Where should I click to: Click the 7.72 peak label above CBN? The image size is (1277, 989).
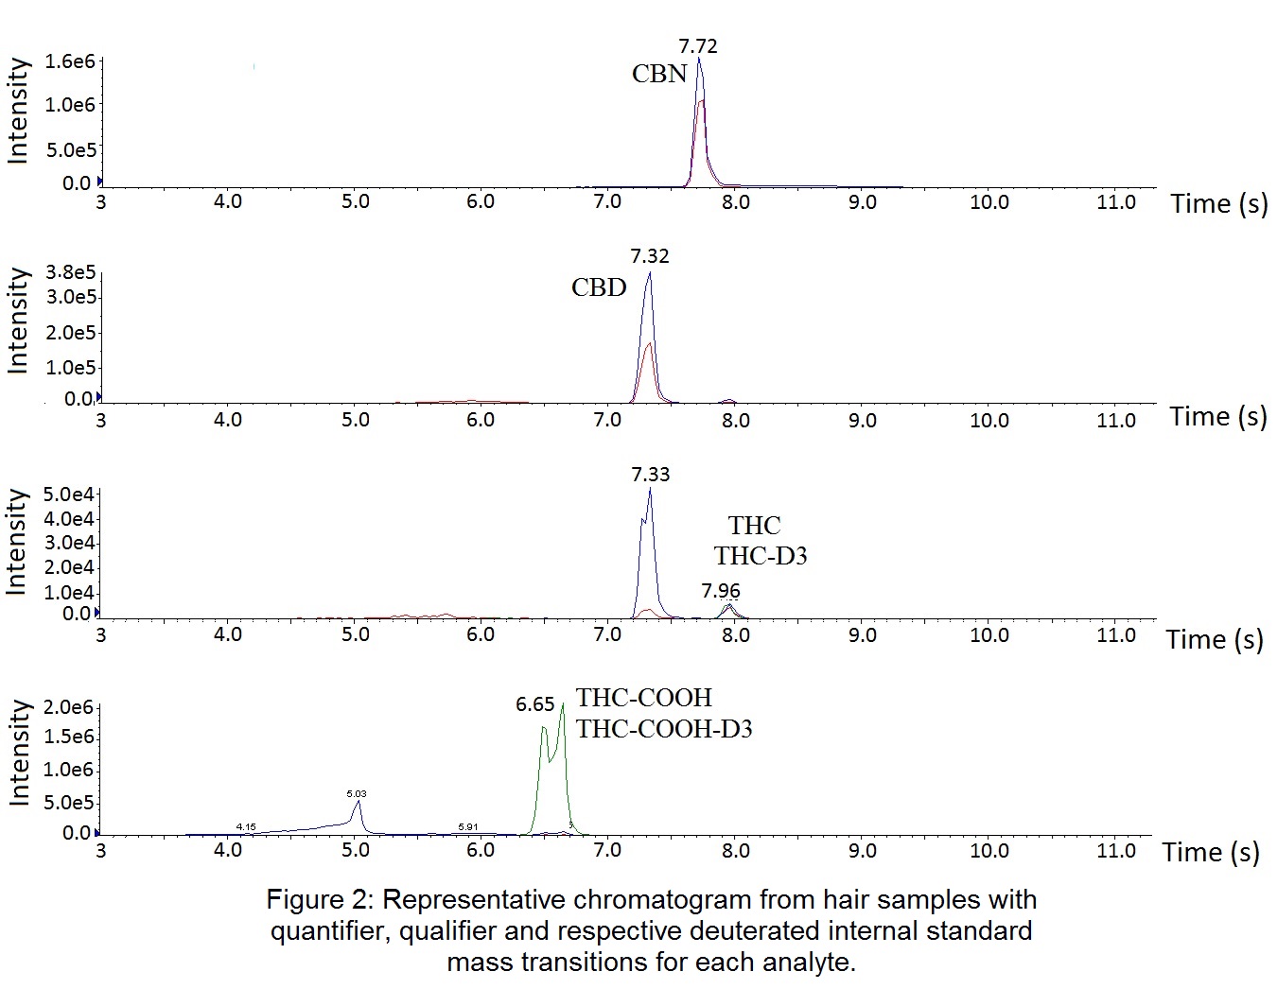tap(698, 45)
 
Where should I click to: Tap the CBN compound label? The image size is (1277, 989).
tap(659, 74)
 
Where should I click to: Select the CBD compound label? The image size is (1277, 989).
tap(599, 287)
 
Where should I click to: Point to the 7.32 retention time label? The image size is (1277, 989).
tap(650, 256)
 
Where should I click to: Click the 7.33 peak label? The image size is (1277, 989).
tap(651, 475)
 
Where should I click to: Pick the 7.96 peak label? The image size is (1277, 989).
tap(721, 591)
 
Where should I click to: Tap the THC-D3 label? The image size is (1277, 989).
tap(761, 556)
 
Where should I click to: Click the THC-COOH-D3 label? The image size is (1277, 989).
tap(664, 729)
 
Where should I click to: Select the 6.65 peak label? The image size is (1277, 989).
tap(534, 704)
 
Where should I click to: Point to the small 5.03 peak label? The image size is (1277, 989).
tap(357, 794)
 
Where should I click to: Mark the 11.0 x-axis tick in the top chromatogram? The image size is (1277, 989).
tap(1115, 202)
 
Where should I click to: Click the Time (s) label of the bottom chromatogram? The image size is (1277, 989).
tap(1211, 853)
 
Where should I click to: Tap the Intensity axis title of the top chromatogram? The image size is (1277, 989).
tap(18, 112)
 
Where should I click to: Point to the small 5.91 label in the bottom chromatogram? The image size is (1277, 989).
tap(467, 827)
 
